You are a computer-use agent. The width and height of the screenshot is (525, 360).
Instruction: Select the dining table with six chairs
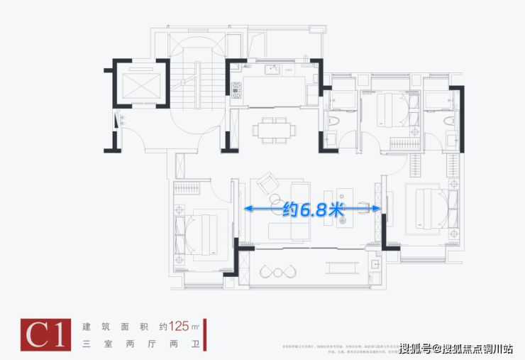[274, 130]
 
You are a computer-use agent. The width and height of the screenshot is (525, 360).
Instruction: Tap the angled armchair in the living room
[270, 185]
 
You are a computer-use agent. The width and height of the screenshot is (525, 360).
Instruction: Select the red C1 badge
[48, 334]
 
